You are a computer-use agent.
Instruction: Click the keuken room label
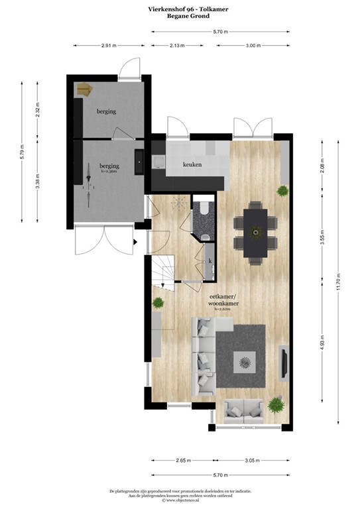pos(192,164)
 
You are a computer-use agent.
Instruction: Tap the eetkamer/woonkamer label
pos(224,300)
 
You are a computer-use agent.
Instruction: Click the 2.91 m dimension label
pos(109,46)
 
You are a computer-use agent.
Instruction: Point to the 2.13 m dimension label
pos(176,46)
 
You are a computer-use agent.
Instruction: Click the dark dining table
pos(254,231)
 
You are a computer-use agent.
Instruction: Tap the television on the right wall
pos(284,361)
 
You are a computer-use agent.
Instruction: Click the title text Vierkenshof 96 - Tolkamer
pos(180,9)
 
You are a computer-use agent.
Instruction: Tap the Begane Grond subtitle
pos(180,18)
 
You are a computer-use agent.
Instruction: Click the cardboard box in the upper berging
pos(84,89)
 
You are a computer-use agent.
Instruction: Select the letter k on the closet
pos(210,261)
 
